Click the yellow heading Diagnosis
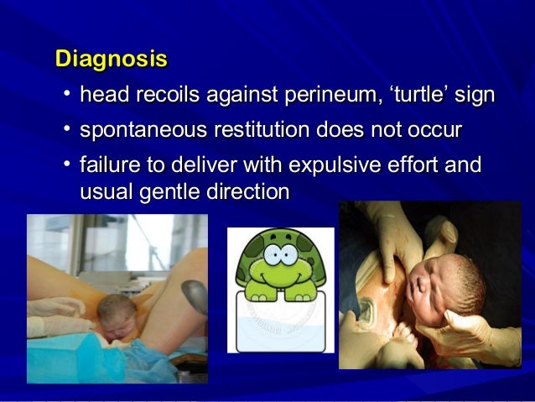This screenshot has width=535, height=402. [x=111, y=60]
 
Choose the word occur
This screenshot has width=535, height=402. [x=434, y=132]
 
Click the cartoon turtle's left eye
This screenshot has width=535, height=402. [x=267, y=251]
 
